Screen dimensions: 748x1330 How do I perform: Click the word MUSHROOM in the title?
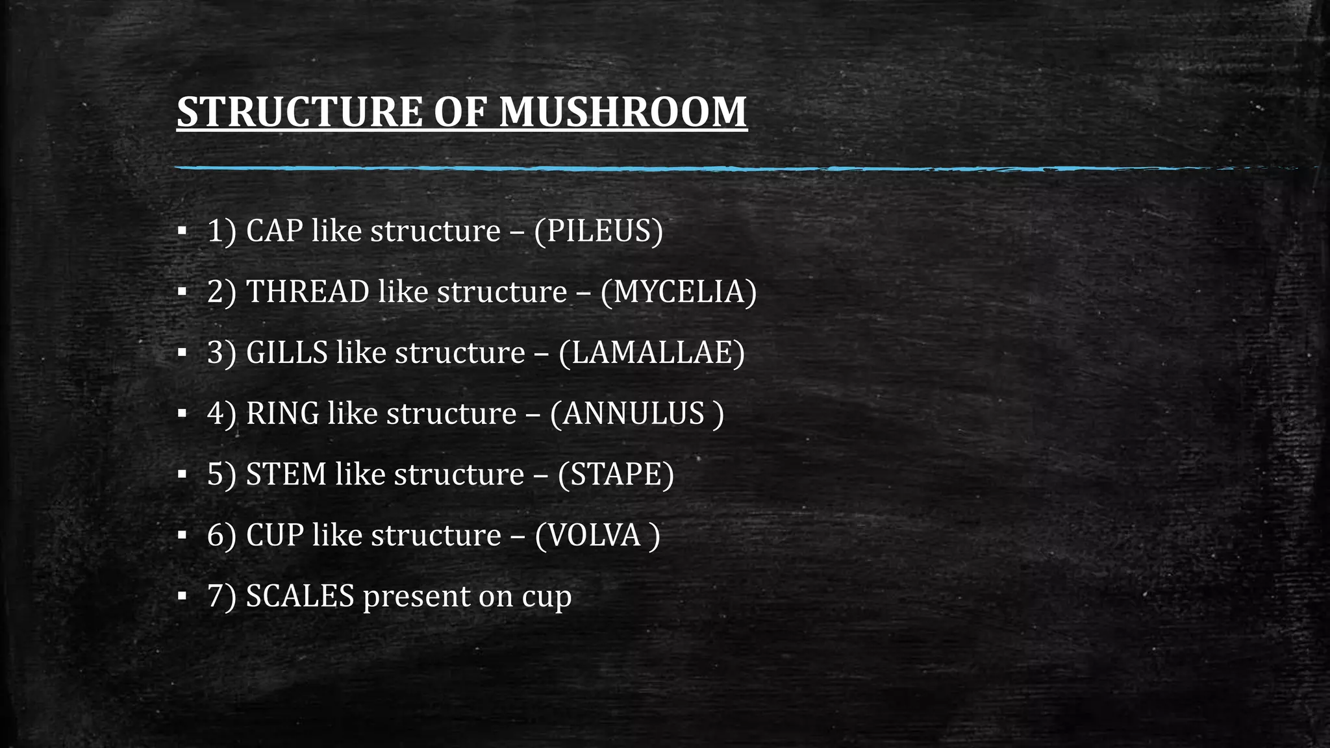623,112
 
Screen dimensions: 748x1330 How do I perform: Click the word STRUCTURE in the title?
299,112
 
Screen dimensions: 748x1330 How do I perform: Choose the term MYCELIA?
678,292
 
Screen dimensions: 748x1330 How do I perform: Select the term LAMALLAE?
651,353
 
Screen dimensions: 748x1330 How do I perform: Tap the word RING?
282,414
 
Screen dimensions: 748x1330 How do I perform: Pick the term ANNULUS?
634,414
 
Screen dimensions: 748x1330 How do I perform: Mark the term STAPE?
615,474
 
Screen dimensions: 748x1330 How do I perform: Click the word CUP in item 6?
275,535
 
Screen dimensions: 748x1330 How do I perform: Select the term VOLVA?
594,535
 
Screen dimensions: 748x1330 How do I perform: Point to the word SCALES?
300,596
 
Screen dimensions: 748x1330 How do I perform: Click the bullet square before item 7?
182,596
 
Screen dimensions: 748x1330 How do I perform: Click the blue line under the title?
649,169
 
